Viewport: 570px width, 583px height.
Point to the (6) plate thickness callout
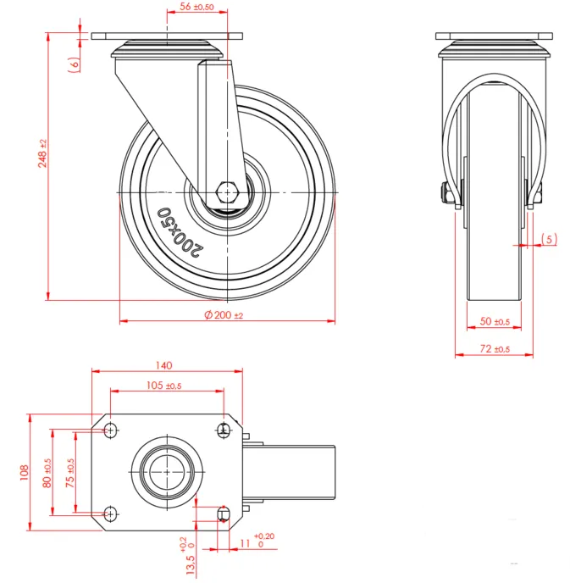coord(75,62)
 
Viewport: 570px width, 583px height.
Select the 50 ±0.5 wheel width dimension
coord(495,322)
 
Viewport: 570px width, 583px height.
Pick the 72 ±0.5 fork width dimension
coord(495,349)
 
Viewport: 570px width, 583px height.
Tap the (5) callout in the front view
coord(549,240)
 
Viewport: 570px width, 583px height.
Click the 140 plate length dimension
coord(164,365)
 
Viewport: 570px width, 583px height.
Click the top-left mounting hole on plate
coord(111,430)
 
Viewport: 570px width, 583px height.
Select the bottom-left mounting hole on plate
coord(111,512)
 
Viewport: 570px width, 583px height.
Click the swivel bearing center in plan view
coord(167,471)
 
